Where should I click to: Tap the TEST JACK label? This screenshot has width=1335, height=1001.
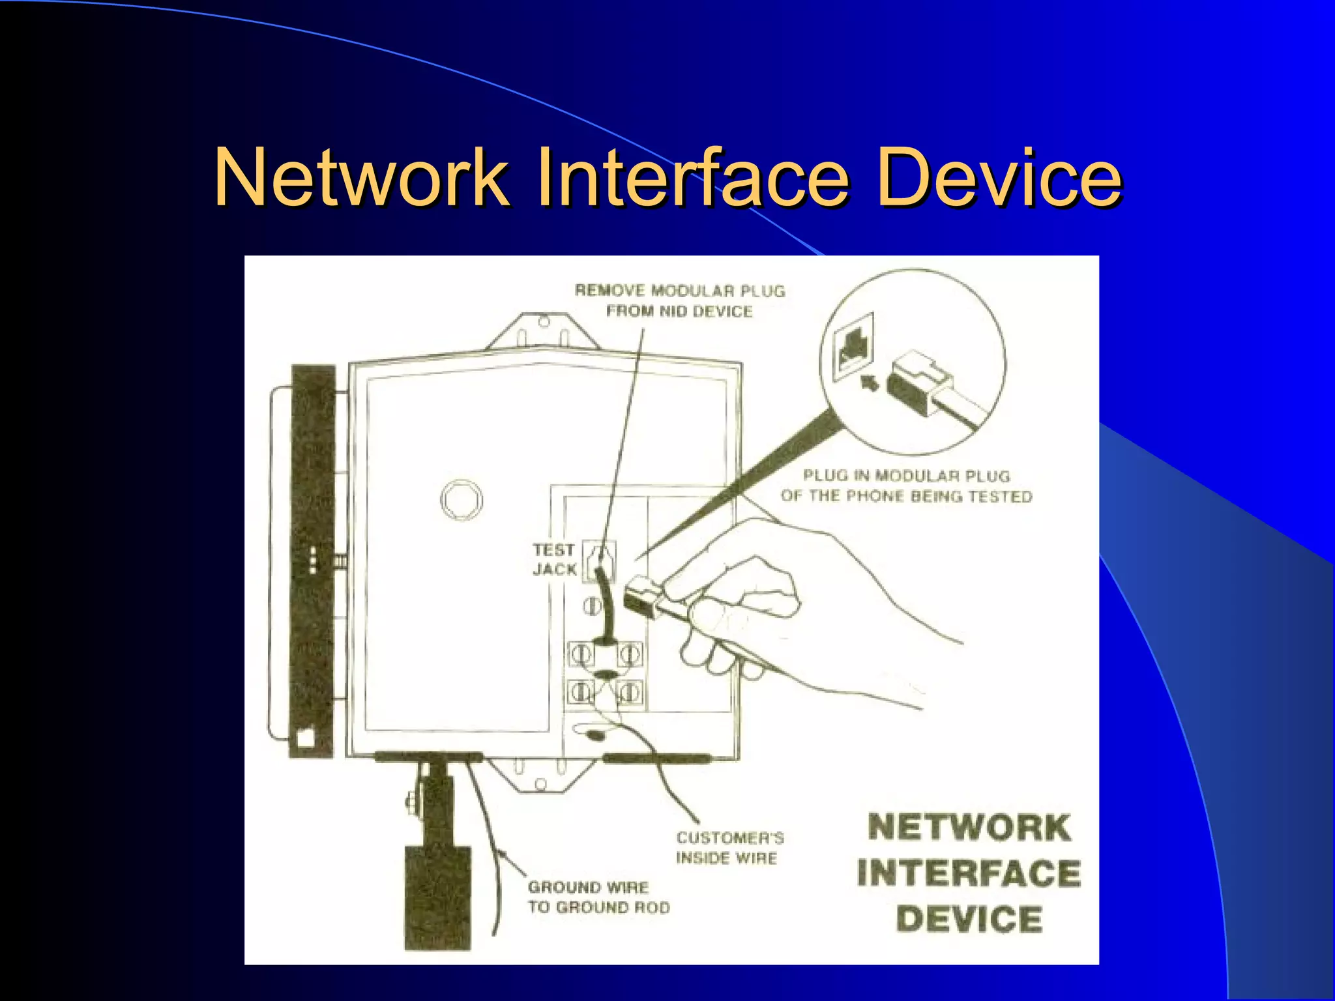(x=554, y=560)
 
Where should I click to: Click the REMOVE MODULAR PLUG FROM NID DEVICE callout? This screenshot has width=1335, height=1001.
(x=680, y=300)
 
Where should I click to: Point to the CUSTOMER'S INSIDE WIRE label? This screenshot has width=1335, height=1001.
(x=729, y=847)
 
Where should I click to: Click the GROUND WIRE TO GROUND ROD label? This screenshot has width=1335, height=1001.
(x=598, y=897)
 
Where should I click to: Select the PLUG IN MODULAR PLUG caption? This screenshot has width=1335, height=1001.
(x=906, y=486)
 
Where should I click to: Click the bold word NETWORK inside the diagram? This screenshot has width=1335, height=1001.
(x=969, y=828)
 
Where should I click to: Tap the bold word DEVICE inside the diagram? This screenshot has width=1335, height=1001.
(x=969, y=919)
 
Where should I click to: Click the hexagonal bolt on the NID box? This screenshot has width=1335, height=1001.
(x=461, y=500)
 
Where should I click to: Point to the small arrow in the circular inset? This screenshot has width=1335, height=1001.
(x=870, y=383)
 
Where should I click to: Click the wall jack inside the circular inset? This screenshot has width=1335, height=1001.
(x=854, y=349)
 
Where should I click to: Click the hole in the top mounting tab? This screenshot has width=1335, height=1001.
(x=543, y=321)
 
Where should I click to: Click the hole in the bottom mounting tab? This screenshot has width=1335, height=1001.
(x=541, y=784)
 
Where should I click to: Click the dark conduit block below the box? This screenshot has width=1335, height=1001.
(x=437, y=896)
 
